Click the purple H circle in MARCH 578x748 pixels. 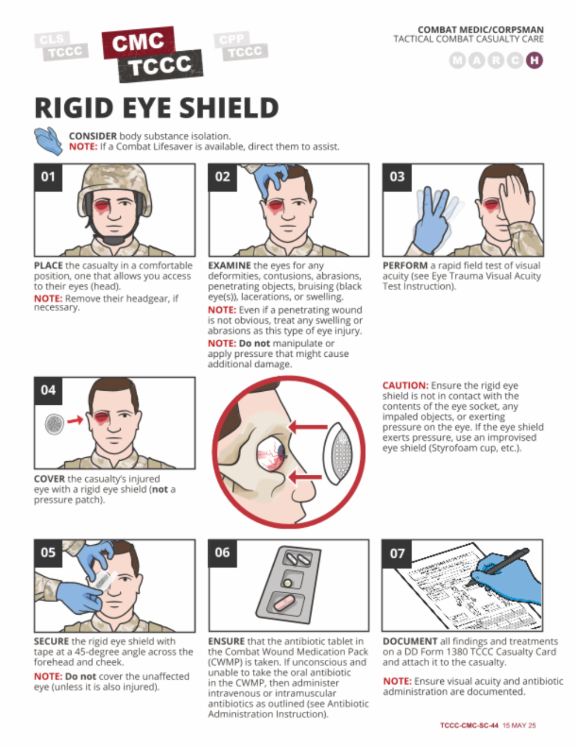tap(535, 60)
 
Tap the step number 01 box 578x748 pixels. tap(48, 177)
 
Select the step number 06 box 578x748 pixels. tap(222, 553)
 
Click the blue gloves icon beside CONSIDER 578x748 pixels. tap(49, 141)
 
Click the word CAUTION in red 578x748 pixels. tap(405, 386)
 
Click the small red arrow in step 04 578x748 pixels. tap(75, 421)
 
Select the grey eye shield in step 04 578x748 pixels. tap(54, 424)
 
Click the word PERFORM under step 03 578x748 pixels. tap(405, 266)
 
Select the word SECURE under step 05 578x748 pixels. tap(51, 642)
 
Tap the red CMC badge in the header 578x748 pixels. tap(138, 42)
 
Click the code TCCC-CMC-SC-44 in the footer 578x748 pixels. tap(469, 725)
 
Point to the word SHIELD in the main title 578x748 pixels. tap(229, 108)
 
